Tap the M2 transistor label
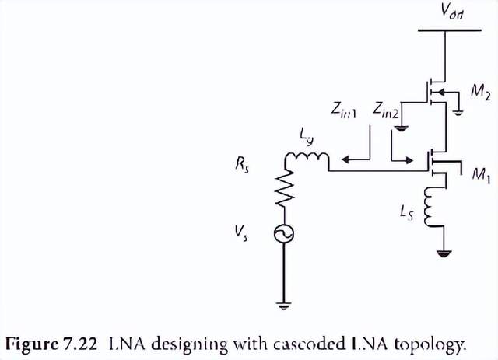479,93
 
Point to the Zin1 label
342,112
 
